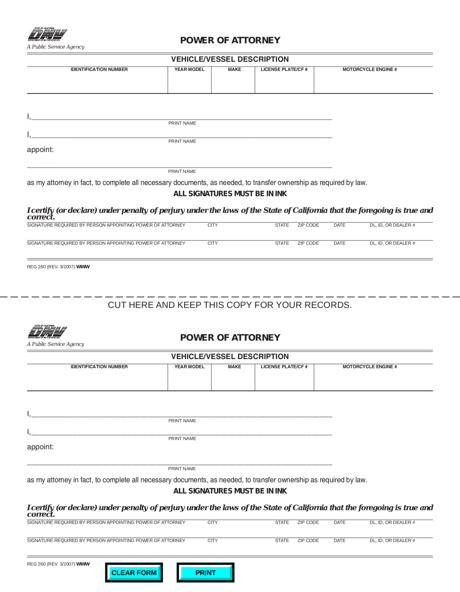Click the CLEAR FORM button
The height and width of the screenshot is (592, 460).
[134, 573]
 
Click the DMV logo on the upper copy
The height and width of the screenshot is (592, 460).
[47, 35]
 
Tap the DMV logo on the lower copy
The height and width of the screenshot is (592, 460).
[47, 332]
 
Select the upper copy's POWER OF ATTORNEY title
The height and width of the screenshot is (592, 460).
[230, 40]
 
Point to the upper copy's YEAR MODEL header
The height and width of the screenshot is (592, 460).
[189, 69]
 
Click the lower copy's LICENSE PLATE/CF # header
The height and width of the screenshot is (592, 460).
[284, 367]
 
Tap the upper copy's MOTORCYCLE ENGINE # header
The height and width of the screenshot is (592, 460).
[369, 69]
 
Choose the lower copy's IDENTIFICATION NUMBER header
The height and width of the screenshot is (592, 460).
[99, 367]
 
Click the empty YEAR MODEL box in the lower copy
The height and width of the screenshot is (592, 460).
[189, 380]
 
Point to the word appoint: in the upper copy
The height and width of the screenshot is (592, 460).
[40, 150]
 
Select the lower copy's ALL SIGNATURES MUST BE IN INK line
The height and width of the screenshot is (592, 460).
[230, 491]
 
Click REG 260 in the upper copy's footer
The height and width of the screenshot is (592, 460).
[36, 267]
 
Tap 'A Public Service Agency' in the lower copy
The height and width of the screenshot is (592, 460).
[56, 344]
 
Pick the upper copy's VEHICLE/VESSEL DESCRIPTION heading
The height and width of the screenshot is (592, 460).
[230, 59]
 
